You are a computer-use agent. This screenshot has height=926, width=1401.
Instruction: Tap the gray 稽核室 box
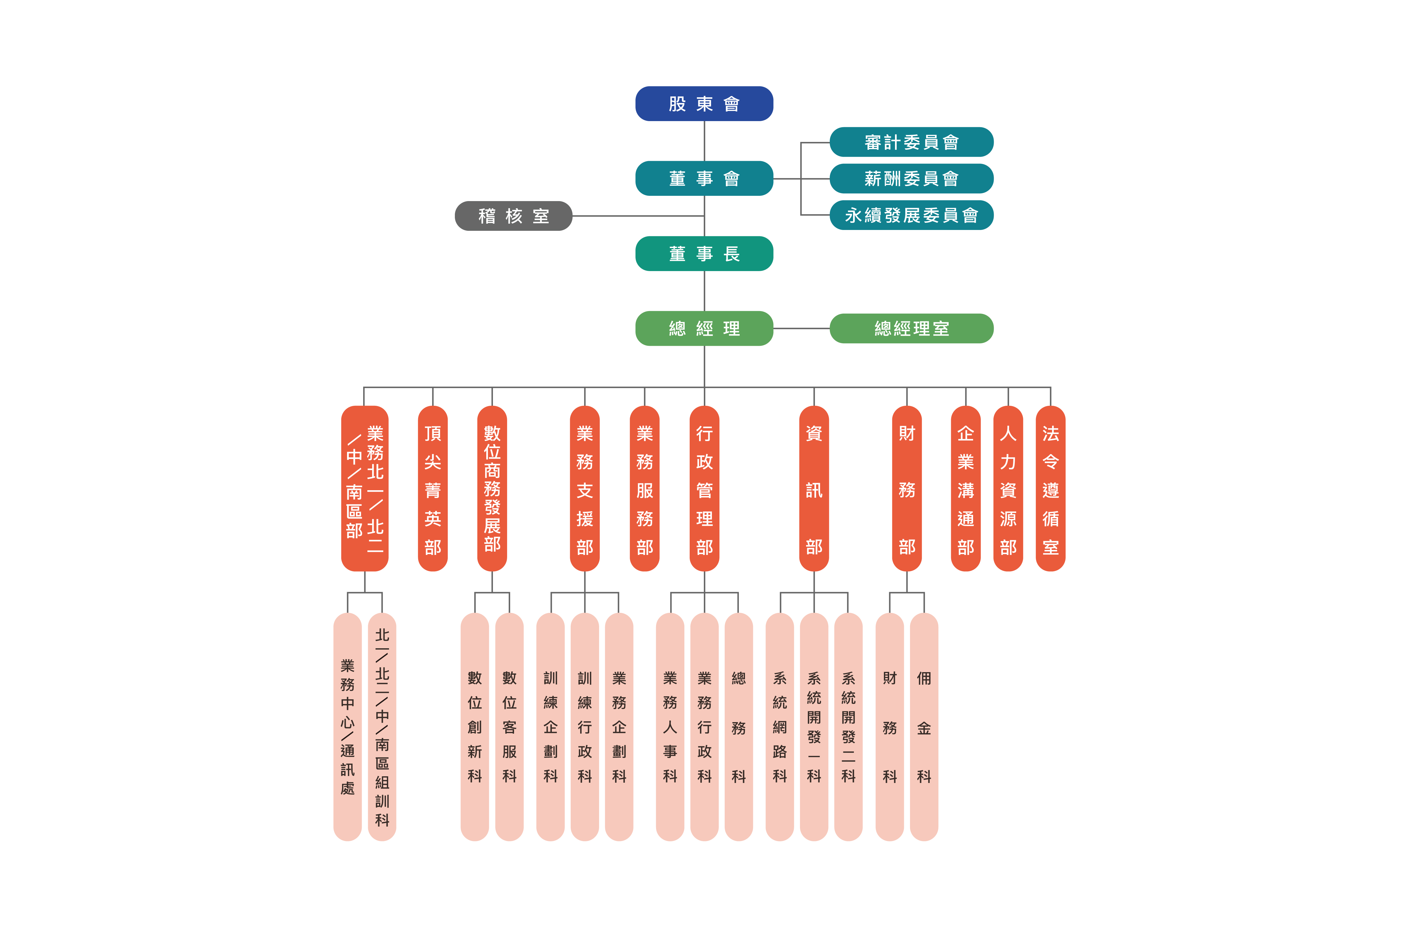(x=513, y=216)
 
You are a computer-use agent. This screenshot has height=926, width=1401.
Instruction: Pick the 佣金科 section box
(x=924, y=726)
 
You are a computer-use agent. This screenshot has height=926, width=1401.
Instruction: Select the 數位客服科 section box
(x=509, y=726)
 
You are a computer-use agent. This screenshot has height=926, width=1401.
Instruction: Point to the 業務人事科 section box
(x=670, y=726)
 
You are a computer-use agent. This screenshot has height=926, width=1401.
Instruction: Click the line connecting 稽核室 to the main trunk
(x=638, y=216)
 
